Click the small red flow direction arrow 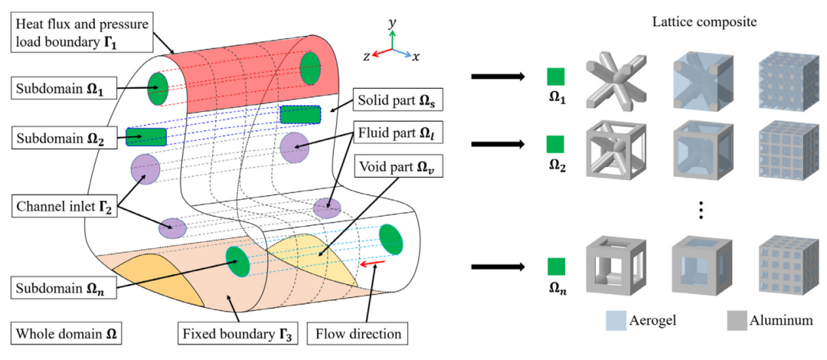coord(374,263)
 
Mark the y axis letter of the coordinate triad coord(392,24)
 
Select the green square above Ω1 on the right coord(556,76)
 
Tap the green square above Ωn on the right coord(556,266)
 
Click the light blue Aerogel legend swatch coord(616,319)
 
